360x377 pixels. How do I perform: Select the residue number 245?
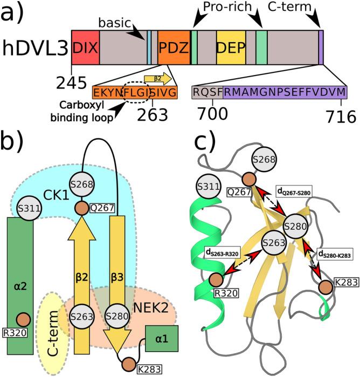click(72, 83)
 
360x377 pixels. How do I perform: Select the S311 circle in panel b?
click(23, 207)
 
